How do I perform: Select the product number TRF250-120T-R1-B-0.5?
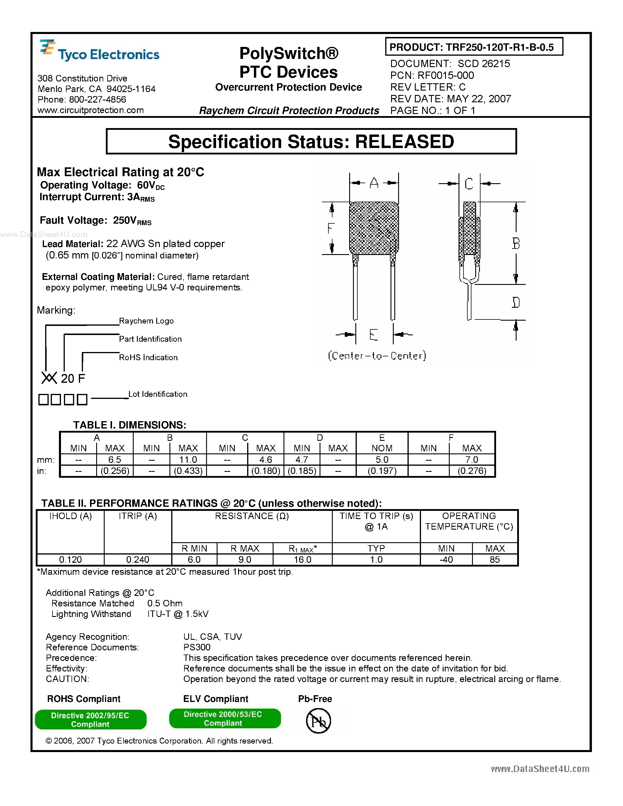[499, 47]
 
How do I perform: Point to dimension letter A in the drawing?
[374, 183]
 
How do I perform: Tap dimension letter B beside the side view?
[516, 244]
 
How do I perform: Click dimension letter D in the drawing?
[516, 303]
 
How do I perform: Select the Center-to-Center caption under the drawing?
[377, 356]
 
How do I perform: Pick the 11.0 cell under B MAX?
[188, 460]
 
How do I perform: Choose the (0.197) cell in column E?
[382, 471]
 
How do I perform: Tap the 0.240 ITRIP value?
[138, 560]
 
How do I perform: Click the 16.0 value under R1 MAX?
[302, 560]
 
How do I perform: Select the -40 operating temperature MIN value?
[446, 560]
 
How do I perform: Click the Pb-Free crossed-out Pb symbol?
[318, 721]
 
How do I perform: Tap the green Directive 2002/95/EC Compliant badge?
[90, 720]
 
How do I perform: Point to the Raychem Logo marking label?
[146, 321]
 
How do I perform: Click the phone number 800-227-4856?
[97, 100]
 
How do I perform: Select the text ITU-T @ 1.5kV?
[178, 614]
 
